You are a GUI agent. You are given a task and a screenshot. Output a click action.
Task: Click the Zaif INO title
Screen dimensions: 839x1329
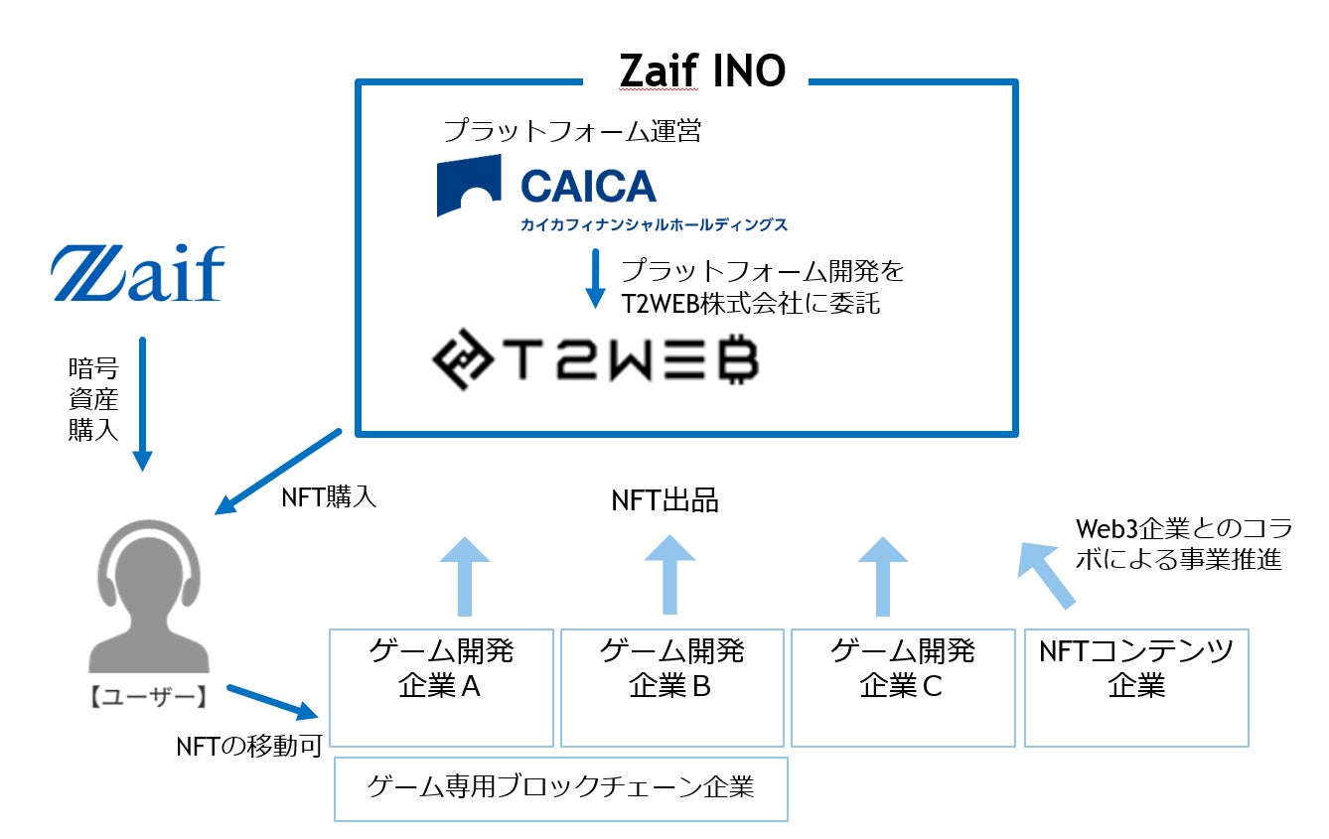coord(701,70)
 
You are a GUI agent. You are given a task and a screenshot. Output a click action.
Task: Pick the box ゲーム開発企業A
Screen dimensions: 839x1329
coord(440,686)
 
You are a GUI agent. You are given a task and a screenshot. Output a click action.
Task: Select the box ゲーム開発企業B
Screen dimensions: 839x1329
coord(671,686)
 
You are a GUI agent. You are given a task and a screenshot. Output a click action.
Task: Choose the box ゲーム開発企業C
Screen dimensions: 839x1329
coord(902,686)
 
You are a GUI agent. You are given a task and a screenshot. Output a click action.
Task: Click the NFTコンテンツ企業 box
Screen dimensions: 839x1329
coord(1136,686)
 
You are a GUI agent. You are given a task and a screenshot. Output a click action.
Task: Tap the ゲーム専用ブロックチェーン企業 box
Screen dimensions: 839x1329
coord(560,788)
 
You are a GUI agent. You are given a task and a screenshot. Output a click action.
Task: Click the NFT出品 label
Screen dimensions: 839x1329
coord(664,500)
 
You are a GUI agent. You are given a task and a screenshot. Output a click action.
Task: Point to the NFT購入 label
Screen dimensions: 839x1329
coord(330,497)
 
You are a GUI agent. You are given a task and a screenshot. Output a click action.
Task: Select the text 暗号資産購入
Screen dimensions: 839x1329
coord(93,399)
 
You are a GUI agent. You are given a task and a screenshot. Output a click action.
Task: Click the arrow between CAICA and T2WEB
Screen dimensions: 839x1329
coord(595,278)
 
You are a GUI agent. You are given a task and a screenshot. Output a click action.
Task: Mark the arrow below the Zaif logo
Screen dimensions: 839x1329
coord(143,402)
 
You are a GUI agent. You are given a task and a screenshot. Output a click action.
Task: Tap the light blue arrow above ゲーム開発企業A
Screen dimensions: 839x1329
coord(463,577)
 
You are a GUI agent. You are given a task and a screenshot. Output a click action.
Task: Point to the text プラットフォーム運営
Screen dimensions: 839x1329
coord(572,130)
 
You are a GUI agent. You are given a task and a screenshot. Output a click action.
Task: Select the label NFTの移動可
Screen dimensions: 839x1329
coord(249,747)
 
